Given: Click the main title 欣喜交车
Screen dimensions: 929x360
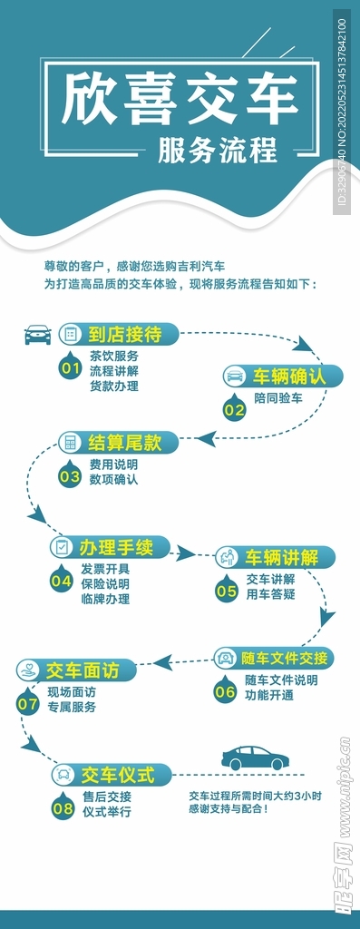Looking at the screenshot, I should pos(180,101).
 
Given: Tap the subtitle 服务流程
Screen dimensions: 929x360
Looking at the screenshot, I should pos(217,151).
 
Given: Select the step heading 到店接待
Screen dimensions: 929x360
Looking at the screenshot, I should pos(125,334).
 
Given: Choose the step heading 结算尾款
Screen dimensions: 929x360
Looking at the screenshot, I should pos(124,442).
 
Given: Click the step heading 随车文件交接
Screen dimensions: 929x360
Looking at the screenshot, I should pos(284,658).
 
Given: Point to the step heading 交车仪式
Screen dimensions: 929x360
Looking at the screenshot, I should pos(117,775).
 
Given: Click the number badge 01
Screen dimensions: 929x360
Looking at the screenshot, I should pos(70,368).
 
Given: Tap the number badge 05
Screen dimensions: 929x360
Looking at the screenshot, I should pos(226,591).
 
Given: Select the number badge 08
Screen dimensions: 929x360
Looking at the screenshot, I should pos(63,807).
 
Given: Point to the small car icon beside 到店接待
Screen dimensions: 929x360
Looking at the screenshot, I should pos(37,335).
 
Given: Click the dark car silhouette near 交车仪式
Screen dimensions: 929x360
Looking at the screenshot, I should pos(255,758).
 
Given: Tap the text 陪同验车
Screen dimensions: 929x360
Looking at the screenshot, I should pos(278,398).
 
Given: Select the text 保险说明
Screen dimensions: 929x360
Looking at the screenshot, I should pos(105,583).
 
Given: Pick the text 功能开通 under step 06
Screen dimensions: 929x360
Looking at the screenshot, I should pos(269,695).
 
